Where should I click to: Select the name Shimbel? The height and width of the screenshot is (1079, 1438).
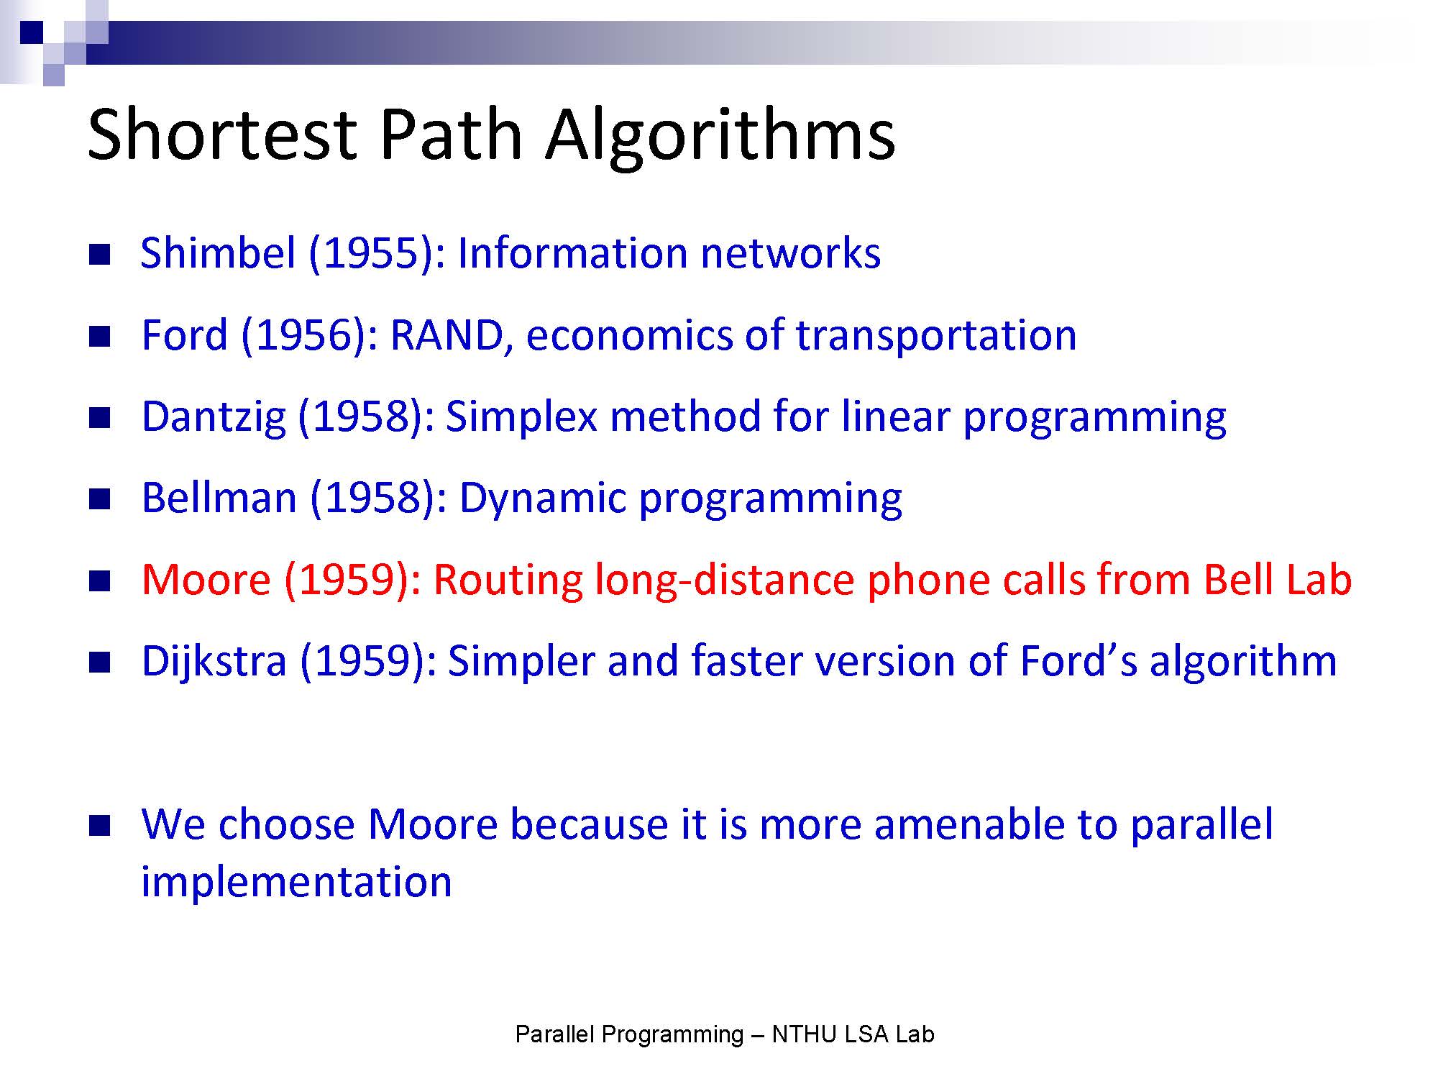218,252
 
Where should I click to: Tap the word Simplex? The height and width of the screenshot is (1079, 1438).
521,418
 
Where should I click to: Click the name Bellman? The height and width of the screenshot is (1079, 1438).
219,498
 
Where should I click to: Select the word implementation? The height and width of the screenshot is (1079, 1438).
296,883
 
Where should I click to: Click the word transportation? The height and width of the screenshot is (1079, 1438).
936,336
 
